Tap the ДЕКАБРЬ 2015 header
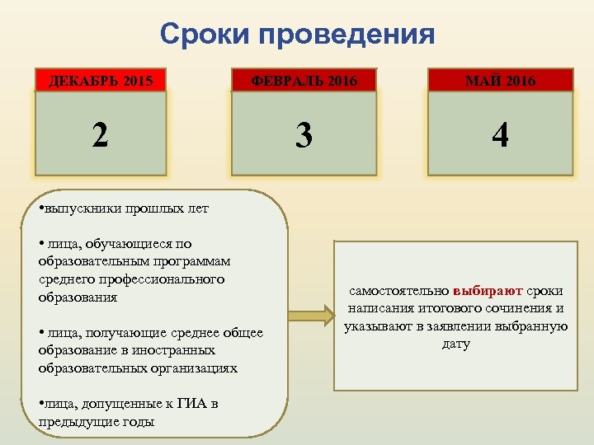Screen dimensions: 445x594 pyautogui.click(x=100, y=81)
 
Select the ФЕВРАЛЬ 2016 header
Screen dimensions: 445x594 pyautogui.click(x=304, y=81)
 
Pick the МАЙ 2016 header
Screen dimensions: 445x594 pyautogui.click(x=500, y=81)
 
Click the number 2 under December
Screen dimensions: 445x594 pyautogui.click(x=100, y=133)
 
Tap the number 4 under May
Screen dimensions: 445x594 pyautogui.click(x=500, y=134)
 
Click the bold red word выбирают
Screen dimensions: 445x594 pyautogui.click(x=488, y=291)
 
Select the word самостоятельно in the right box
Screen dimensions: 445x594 pyautogui.click(x=399, y=291)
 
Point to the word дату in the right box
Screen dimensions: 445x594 pyautogui.click(x=456, y=344)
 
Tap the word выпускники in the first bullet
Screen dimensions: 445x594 pyautogui.click(x=80, y=208)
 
